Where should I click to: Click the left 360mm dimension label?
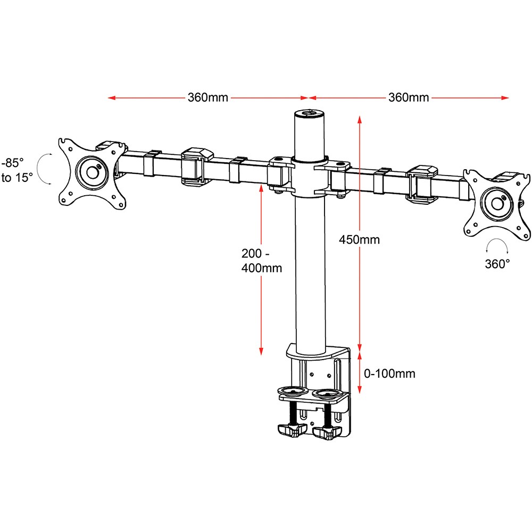coord(207,98)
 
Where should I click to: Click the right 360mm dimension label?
coord(409,98)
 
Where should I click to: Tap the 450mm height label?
coord(360,239)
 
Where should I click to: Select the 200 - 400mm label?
coord(261,260)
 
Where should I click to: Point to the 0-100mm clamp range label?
coord(389,373)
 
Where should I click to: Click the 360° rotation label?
coord(497,263)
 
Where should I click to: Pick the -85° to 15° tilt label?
coord(17,170)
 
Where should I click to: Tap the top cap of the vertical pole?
coord(309,113)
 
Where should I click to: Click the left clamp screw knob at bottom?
coord(289,430)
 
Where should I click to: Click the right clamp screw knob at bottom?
coord(326,432)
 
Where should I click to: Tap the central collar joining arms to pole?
coord(309,176)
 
